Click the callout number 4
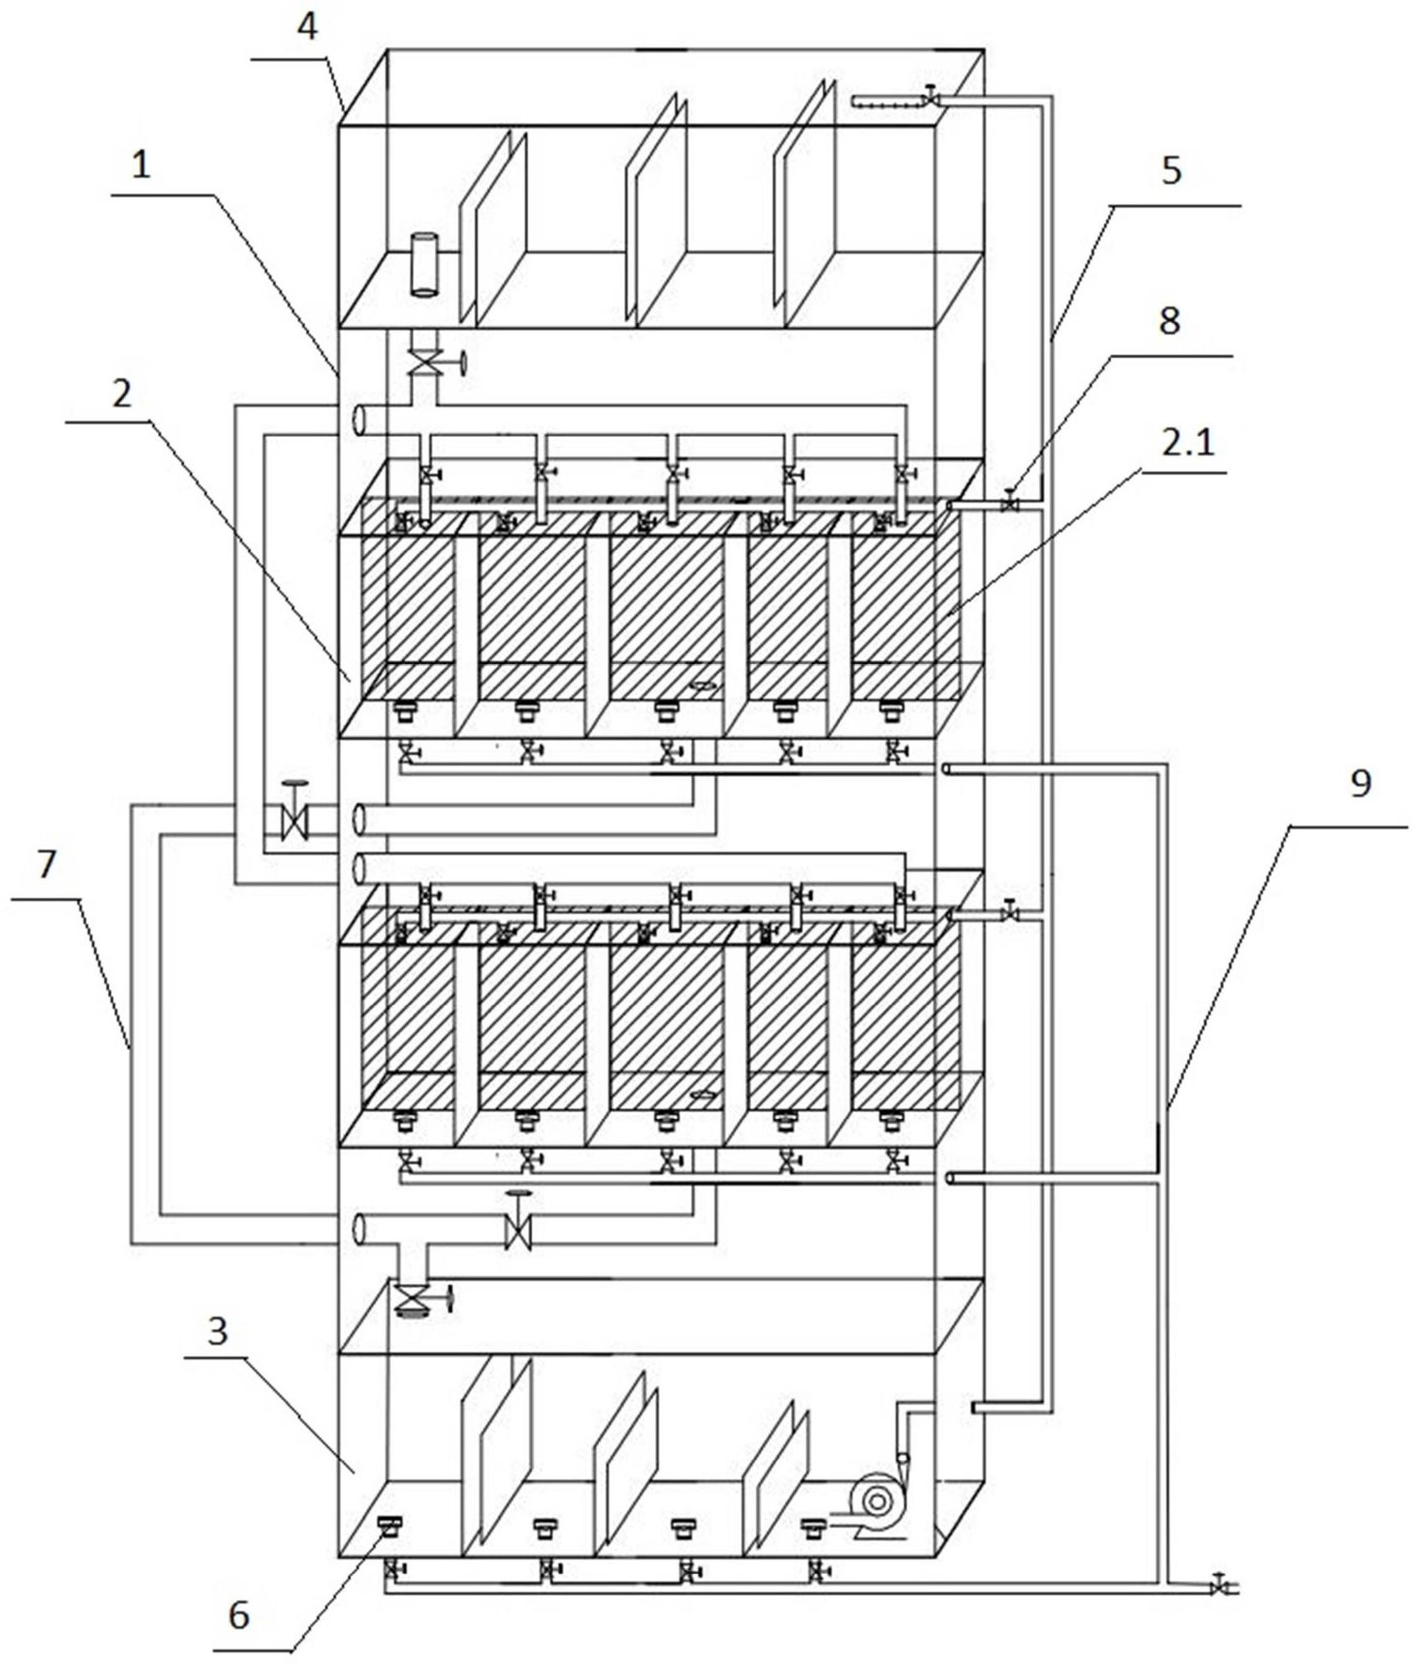(x=307, y=28)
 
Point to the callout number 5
(x=1171, y=171)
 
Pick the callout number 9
(x=1360, y=784)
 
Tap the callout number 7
(x=46, y=864)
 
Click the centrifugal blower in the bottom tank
(x=879, y=1503)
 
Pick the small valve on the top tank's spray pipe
(x=930, y=97)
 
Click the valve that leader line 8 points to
(x=1010, y=503)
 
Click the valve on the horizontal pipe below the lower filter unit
(x=519, y=1225)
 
